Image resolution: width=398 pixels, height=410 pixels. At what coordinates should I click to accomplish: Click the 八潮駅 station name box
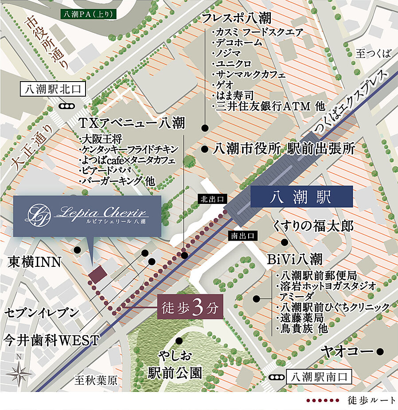[x=301, y=197]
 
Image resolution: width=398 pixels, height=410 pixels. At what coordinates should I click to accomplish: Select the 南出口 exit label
[x=242, y=236]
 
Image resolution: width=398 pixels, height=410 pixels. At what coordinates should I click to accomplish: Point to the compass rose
[x=18, y=372]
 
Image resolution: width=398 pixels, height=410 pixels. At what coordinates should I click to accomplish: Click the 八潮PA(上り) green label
[x=89, y=14]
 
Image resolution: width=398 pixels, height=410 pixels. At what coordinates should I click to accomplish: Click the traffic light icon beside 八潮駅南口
[x=277, y=378]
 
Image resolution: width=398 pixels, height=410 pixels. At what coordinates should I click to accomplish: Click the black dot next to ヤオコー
[x=379, y=352]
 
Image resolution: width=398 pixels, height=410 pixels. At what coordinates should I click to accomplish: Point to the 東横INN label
[x=34, y=262]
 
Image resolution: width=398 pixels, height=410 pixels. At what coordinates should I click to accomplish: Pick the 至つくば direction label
[x=374, y=54]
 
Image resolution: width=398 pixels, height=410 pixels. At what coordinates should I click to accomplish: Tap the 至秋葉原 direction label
[x=96, y=381]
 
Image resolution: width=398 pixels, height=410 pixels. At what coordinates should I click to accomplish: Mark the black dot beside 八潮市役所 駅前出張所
[x=204, y=149]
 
